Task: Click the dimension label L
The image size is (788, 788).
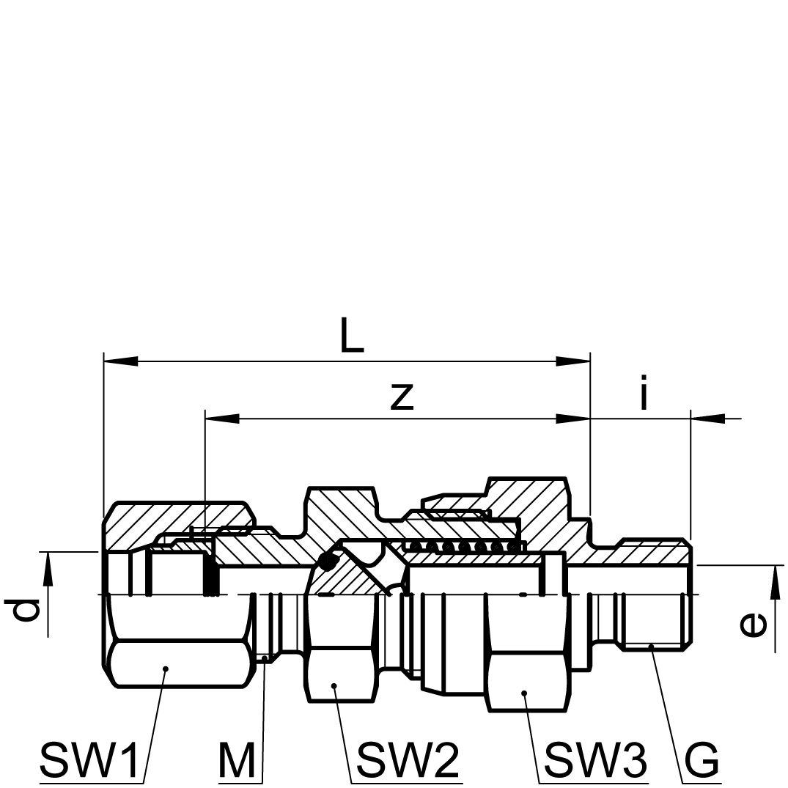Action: [x=351, y=334]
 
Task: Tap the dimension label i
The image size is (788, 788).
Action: [x=644, y=392]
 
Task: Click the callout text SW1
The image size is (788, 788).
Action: [x=89, y=759]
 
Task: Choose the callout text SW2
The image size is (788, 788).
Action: [x=407, y=759]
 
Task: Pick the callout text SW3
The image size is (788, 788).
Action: [x=596, y=759]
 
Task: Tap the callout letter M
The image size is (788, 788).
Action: [x=237, y=759]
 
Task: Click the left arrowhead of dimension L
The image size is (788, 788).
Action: [x=121, y=361]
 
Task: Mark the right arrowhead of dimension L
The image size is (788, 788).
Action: [x=573, y=361]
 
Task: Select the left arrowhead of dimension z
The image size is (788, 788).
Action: [x=222, y=418]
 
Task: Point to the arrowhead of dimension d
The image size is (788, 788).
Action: [x=48, y=569]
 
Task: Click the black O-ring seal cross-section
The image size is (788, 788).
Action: [x=328, y=561]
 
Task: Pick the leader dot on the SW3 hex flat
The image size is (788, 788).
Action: [x=524, y=693]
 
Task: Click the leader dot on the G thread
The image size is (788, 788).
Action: [x=651, y=646]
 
